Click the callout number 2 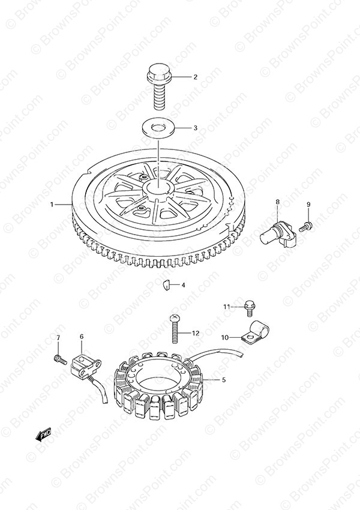(x=195, y=77)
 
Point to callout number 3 (x=195, y=128)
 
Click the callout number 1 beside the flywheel (x=52, y=204)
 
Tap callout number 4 (x=183, y=285)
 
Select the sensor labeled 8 (x=279, y=233)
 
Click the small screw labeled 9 (x=305, y=226)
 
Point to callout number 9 (x=308, y=204)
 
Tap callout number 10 (x=225, y=338)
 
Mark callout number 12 (x=196, y=334)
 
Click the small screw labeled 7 (x=60, y=359)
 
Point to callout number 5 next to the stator (x=224, y=380)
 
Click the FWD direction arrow (x=44, y=434)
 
